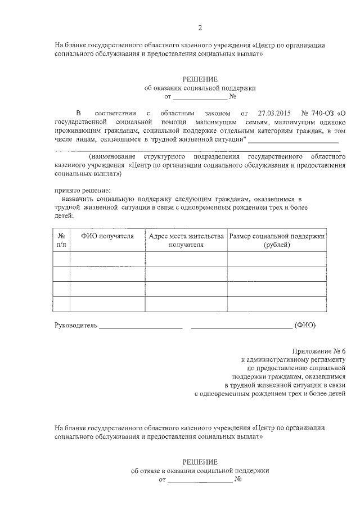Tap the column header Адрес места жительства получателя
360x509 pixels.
coord(186,241)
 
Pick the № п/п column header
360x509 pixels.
coord(62,241)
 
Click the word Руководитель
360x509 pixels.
coord(76,325)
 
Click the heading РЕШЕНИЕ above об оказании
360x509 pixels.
coord(199,79)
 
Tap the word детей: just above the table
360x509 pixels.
coord(64,215)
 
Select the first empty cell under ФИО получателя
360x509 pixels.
coord(107,259)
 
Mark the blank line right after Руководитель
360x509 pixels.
coord(141,326)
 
